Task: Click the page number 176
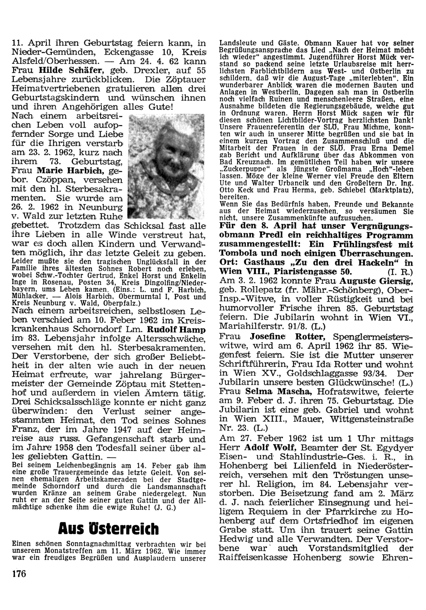(19, 573)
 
